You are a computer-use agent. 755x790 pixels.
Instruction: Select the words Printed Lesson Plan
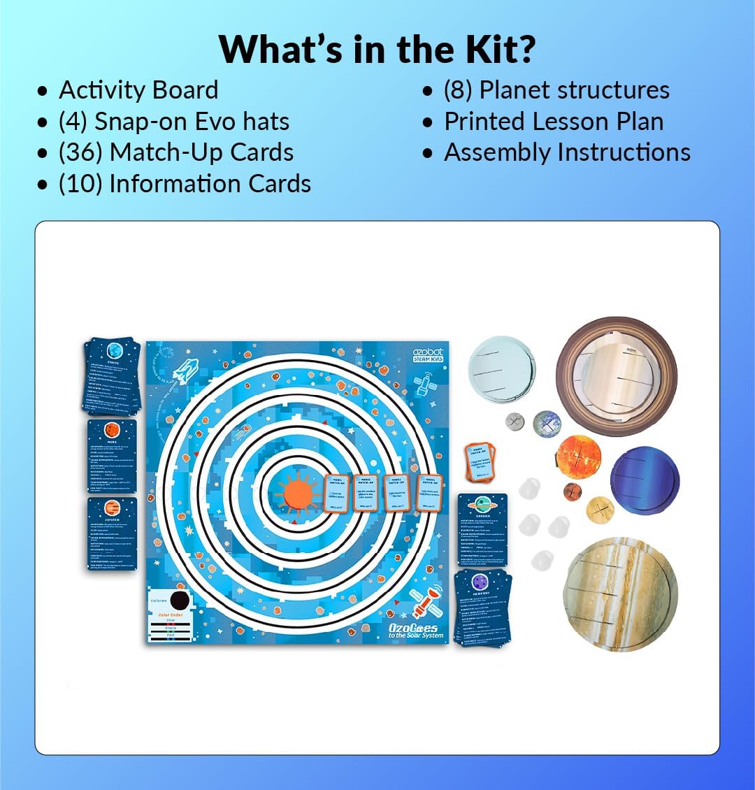pyautogui.click(x=554, y=121)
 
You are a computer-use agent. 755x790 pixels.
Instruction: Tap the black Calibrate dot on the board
pyautogui.click(x=180, y=600)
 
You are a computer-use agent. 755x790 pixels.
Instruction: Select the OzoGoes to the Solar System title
pyautogui.click(x=416, y=631)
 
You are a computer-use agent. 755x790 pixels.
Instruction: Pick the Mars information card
pyautogui.click(x=112, y=454)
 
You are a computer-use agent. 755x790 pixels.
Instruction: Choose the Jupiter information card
pyautogui.click(x=112, y=533)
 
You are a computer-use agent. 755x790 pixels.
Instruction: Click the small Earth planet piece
pyautogui.click(x=547, y=422)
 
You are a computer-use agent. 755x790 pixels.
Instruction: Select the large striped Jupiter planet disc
pyautogui.click(x=620, y=594)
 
